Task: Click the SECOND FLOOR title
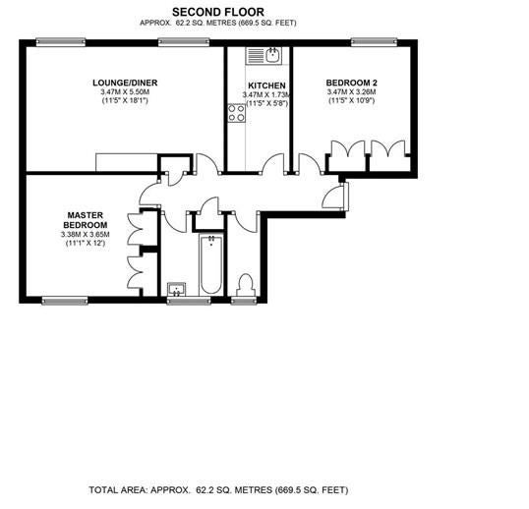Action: pyautogui.click(x=218, y=12)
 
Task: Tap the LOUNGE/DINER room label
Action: pyautogui.click(x=125, y=83)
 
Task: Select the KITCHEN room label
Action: pyautogui.click(x=266, y=85)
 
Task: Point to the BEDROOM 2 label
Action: pyautogui.click(x=352, y=83)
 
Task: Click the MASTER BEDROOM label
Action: pyautogui.click(x=86, y=220)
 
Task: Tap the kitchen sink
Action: pyautogui.click(x=264, y=56)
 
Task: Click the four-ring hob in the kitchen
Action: pyautogui.click(x=237, y=113)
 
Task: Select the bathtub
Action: pyautogui.click(x=211, y=265)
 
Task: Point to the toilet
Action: pyautogui.click(x=245, y=285)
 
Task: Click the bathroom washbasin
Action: pyautogui.click(x=176, y=290)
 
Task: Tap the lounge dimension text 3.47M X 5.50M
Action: pyautogui.click(x=125, y=92)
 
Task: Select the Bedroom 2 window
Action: pyautogui.click(x=374, y=42)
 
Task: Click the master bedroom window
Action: pyautogui.click(x=65, y=301)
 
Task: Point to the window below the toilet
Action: pyautogui.click(x=244, y=301)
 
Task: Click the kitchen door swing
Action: pyautogui.click(x=274, y=164)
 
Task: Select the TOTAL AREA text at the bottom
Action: pyautogui.click(x=218, y=490)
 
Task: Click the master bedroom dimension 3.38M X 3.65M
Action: pyautogui.click(x=85, y=235)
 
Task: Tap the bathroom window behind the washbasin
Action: pyautogui.click(x=189, y=301)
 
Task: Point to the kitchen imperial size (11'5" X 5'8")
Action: pyautogui.click(x=267, y=103)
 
